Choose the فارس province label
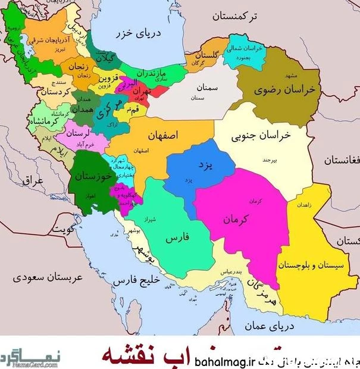tap(176, 238)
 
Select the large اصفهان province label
tap(159, 136)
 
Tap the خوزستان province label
tap(89, 177)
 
